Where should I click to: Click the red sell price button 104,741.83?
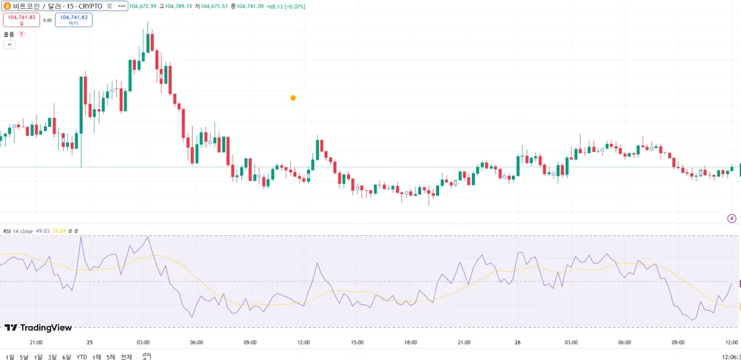22,20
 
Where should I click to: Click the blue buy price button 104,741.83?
73,20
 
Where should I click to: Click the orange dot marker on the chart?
293,98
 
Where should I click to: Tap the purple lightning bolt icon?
732,218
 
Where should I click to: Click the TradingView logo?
38,328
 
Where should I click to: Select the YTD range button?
82,357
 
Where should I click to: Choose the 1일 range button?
10,357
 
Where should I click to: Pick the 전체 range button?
126,357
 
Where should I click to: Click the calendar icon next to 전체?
147,356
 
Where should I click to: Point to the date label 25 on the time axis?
90,343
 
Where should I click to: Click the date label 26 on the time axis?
517,343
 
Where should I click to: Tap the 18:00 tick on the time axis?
411,343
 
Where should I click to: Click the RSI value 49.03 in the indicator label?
43,231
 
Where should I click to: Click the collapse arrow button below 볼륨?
10,44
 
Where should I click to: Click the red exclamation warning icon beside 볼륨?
22,35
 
